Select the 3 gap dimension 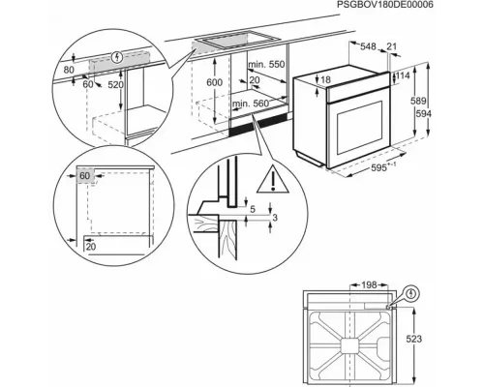[x=276, y=220]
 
